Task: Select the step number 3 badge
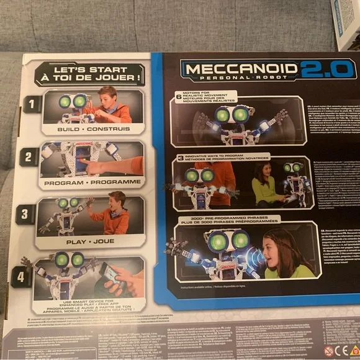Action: (24, 214)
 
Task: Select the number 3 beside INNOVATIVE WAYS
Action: (180, 159)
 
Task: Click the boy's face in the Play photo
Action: (118, 202)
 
